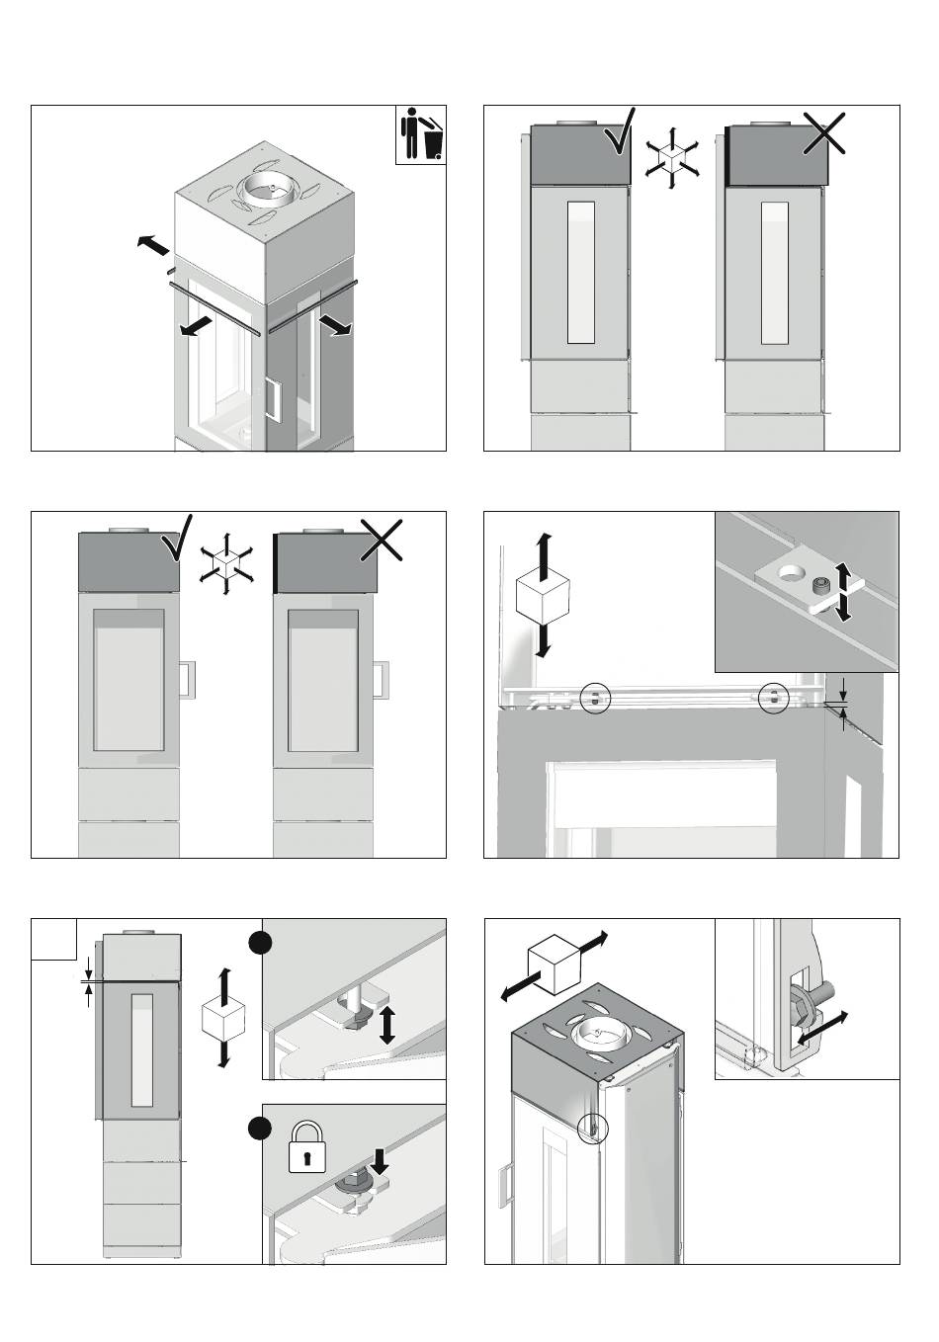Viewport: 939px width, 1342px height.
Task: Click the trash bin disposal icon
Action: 421,136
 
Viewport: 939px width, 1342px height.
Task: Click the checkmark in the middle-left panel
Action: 178,539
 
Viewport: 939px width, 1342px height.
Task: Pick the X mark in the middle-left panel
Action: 382,539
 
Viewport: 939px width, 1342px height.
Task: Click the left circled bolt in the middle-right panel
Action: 595,698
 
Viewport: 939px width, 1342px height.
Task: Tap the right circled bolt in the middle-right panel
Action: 774,698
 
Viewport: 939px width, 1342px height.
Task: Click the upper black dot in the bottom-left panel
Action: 260,943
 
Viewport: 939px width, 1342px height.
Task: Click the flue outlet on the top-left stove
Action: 269,187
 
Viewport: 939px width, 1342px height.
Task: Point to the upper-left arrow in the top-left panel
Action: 153,244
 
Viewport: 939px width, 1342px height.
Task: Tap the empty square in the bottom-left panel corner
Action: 54,939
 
